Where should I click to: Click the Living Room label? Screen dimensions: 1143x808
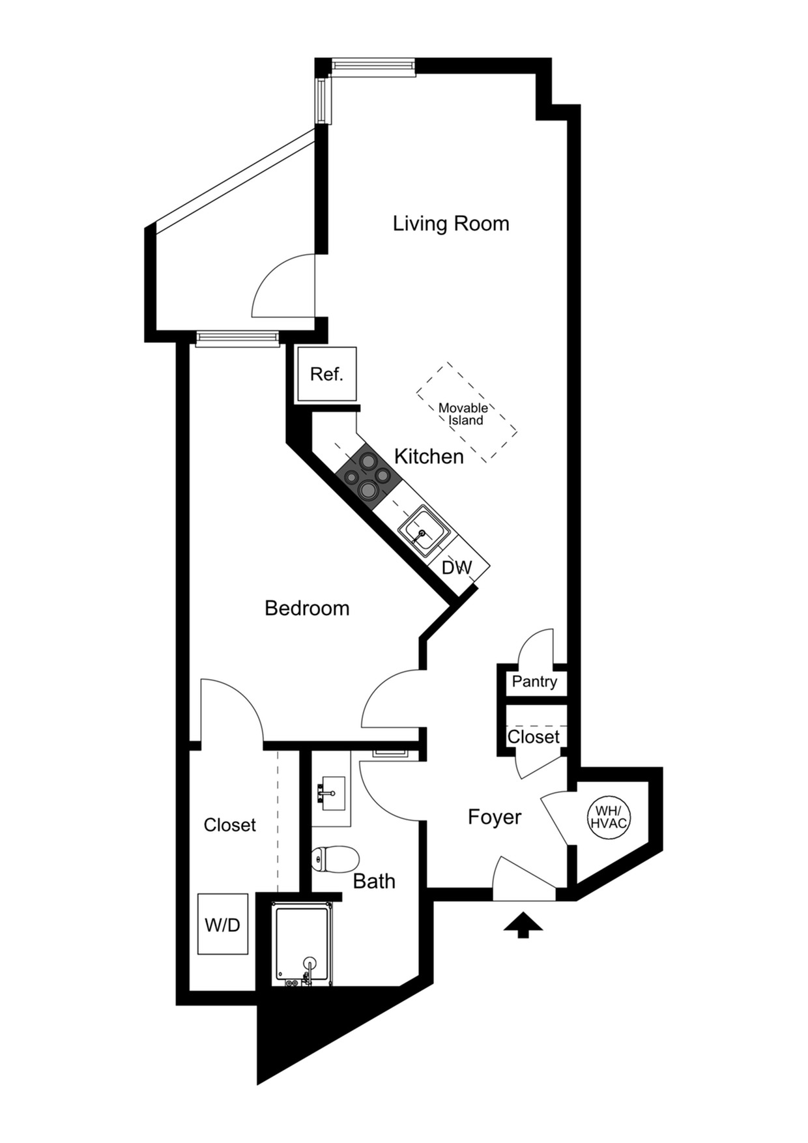point(450,224)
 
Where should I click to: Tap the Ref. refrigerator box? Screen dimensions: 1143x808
point(326,374)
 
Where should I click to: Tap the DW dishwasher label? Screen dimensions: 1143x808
point(456,568)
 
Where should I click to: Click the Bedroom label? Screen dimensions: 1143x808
point(307,608)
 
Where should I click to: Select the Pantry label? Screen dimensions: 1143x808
point(534,682)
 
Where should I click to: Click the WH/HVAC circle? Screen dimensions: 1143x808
point(609,817)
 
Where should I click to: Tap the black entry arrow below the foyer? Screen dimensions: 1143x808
point(523,925)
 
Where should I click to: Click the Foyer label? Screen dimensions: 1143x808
point(495,817)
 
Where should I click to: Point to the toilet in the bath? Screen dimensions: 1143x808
point(335,859)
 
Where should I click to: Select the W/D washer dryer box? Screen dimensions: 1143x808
point(223,924)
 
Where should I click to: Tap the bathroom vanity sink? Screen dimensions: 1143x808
point(332,794)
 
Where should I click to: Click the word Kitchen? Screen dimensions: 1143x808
point(429,456)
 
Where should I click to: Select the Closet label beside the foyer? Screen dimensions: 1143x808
point(533,737)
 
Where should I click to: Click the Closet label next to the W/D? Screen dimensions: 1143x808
point(229,825)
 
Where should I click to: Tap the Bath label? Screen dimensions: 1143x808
point(374,881)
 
